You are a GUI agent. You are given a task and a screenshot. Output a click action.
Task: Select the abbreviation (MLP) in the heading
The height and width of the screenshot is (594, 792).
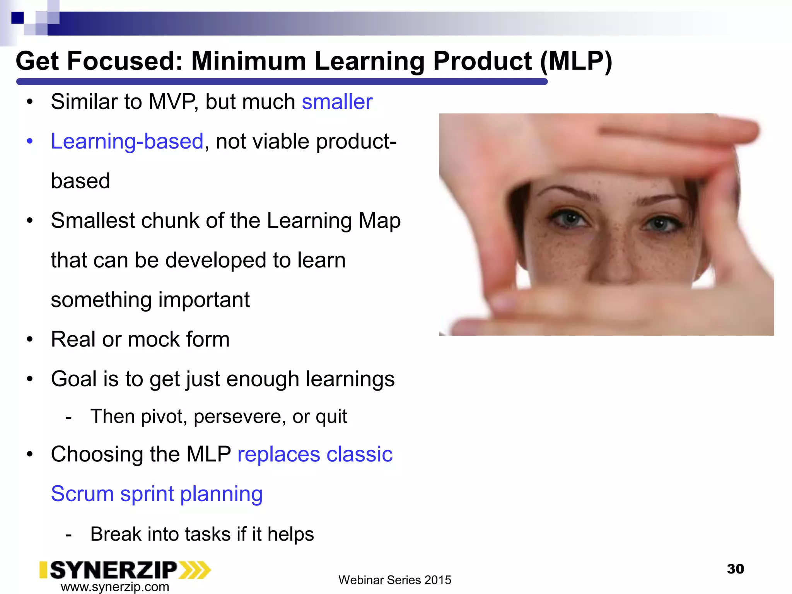coord(576,61)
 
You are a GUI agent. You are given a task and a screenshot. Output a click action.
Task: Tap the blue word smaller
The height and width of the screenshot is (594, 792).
coord(337,102)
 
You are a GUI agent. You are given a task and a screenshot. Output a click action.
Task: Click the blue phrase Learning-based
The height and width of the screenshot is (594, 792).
coord(127,142)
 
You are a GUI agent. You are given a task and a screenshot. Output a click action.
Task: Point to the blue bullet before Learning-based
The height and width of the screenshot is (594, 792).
coord(30,142)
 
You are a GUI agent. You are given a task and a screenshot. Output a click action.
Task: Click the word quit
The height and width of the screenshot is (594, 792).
coord(331,417)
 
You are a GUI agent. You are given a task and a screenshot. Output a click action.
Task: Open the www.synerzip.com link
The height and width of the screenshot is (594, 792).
coord(115,587)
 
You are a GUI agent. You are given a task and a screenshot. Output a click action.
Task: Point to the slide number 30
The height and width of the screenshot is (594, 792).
coord(735,569)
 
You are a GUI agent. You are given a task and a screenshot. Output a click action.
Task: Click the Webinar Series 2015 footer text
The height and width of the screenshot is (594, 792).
coord(394,580)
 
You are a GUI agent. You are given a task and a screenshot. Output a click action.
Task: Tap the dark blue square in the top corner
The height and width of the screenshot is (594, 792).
coord(17,18)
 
